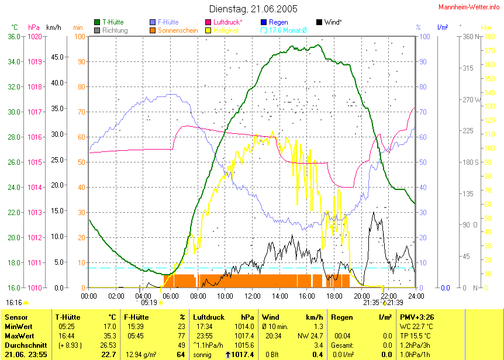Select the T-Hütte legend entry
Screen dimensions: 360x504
112,22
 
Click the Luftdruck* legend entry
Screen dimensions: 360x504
227,22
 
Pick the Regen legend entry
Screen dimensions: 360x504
278,22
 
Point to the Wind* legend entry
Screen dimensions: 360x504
332,22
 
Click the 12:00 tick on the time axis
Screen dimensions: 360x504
252,296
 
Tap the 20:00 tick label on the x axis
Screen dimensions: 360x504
361,296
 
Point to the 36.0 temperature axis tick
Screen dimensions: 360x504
14,37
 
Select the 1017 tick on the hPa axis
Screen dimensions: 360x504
35,112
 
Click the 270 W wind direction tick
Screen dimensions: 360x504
471,99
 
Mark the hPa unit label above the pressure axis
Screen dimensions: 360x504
34,27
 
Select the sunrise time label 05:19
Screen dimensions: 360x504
150,303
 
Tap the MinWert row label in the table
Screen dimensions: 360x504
19,327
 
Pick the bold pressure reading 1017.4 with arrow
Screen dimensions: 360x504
241,355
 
